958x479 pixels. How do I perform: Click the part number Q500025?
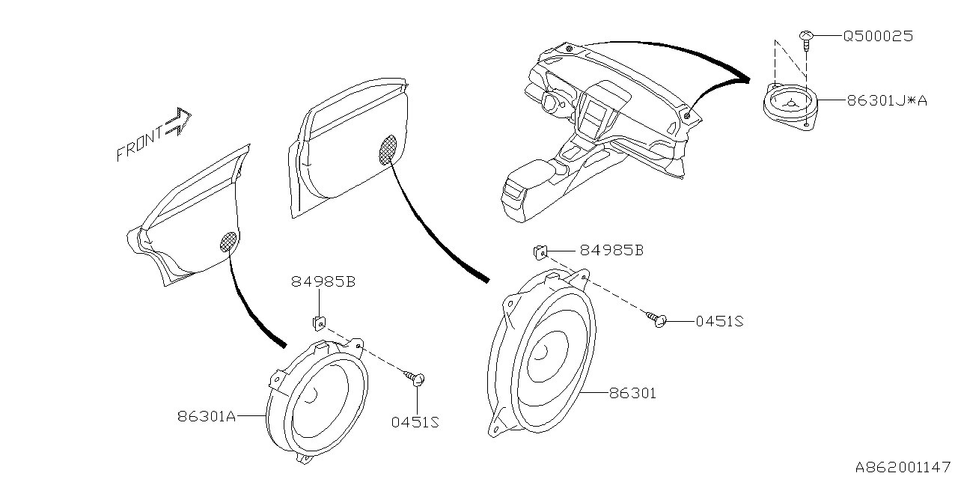pos(878,36)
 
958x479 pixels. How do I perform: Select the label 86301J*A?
pos(887,100)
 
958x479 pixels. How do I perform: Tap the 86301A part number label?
pos(207,416)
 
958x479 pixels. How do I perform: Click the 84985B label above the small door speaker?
pos(323,282)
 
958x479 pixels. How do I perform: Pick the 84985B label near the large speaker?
pos(611,251)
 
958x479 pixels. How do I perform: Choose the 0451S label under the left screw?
pos(414,422)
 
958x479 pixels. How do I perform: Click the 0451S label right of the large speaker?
pos(719,321)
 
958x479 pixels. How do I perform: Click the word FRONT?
pos(139,144)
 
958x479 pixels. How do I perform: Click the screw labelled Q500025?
pos(807,37)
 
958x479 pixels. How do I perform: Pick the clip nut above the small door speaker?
pos(318,322)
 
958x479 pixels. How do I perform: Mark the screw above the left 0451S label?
pos(416,378)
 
